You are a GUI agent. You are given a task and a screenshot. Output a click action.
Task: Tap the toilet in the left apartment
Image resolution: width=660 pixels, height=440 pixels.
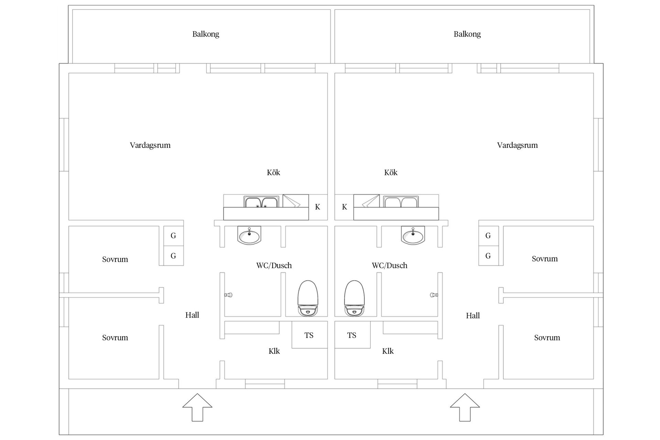click(308, 298)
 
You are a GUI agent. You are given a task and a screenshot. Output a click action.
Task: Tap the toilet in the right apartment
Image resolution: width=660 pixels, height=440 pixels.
click(354, 298)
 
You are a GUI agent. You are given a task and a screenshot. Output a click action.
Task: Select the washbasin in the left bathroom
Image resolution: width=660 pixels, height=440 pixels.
click(249, 235)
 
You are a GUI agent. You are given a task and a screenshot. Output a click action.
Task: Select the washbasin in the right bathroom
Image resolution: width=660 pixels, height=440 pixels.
click(413, 235)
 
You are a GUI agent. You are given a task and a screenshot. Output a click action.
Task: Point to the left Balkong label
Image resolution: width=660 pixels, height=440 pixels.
click(206, 34)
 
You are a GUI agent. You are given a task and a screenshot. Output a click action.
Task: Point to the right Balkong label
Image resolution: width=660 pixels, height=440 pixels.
click(467, 34)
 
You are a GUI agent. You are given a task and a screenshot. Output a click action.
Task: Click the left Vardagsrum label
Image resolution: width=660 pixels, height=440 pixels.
click(150, 145)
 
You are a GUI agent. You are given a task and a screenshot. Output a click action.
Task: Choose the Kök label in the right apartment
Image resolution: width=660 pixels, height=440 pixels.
click(391, 173)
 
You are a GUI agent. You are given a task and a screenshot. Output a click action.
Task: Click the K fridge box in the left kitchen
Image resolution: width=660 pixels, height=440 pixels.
click(318, 207)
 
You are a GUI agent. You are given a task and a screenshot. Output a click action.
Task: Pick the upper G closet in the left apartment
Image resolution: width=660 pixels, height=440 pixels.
click(173, 236)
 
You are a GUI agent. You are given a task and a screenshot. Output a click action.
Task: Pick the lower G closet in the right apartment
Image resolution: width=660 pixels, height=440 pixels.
click(488, 256)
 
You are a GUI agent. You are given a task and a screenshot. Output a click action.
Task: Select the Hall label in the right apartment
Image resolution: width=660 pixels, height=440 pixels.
click(473, 316)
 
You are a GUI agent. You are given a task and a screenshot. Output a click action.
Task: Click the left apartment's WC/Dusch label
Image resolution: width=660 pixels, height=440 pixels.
click(274, 265)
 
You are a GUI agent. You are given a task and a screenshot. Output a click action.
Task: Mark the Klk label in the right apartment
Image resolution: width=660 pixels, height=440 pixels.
click(388, 351)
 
